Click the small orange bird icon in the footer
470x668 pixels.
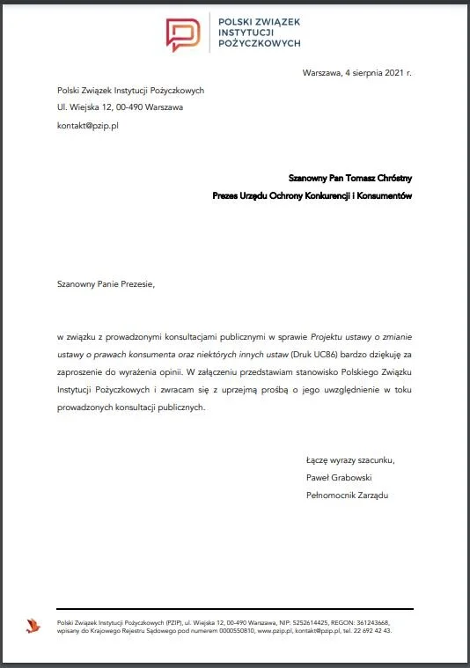33,626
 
